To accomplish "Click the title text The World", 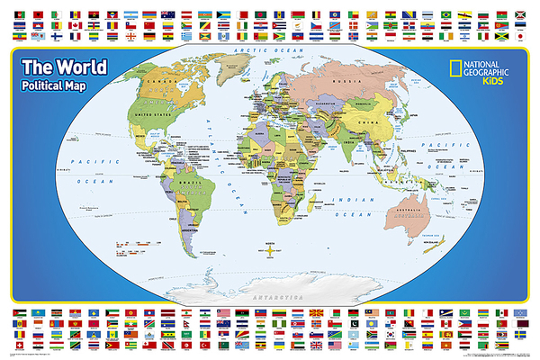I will [x=64, y=68].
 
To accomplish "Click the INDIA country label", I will [x=346, y=142].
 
